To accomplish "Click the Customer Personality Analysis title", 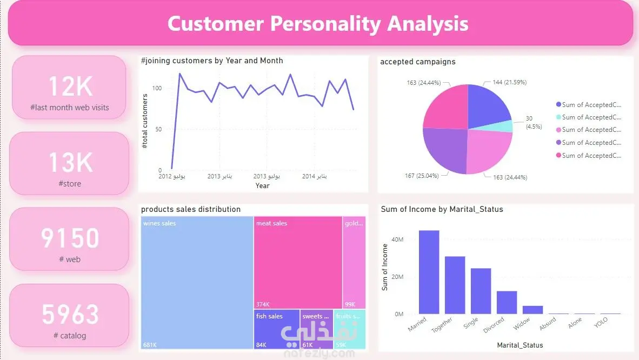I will (318, 24).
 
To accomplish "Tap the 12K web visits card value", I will (70, 86).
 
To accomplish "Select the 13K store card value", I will (70, 162).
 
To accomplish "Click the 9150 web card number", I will (70, 238).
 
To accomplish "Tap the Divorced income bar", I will (507, 302).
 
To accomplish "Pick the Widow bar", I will (532, 310).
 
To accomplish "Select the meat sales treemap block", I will (298, 262).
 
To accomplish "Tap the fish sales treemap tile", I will (276, 329).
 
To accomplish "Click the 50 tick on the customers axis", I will (159, 129).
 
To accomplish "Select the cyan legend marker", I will (558, 117).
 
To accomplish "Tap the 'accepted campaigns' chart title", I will (417, 62).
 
